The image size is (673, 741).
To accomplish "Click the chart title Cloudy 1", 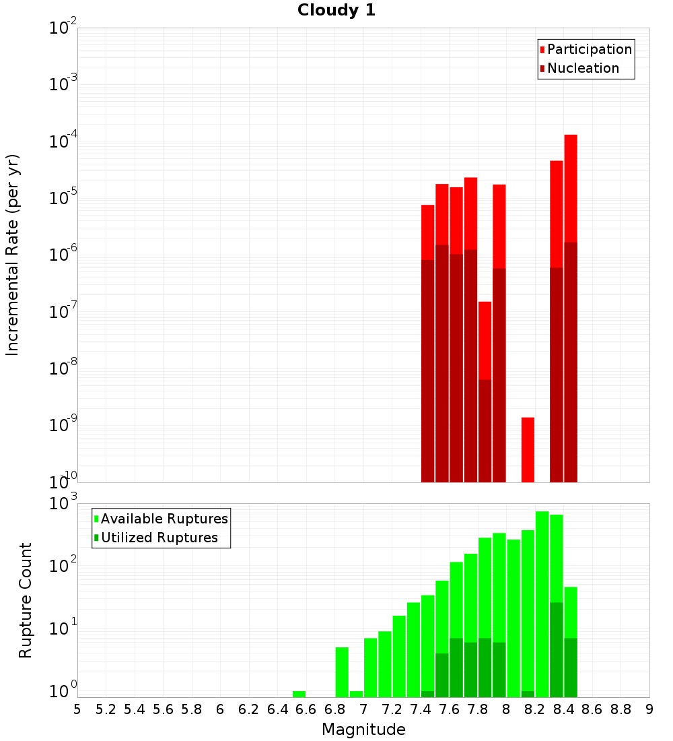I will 336,11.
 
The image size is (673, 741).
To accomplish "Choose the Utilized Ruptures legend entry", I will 159,538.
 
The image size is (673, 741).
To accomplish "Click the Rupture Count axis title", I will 26,600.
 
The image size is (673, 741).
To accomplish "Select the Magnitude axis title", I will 363,730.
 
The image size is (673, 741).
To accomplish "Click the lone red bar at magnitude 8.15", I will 528,449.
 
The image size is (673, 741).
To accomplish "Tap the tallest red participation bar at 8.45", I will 571,189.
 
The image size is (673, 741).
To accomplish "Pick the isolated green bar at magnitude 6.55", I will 299,694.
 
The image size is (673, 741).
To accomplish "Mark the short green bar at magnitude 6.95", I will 356,694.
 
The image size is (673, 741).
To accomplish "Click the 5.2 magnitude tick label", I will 106,709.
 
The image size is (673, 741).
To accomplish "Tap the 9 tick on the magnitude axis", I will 649,709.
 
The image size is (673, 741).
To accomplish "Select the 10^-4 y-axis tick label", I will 63,141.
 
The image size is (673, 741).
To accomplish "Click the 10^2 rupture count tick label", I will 63,565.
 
